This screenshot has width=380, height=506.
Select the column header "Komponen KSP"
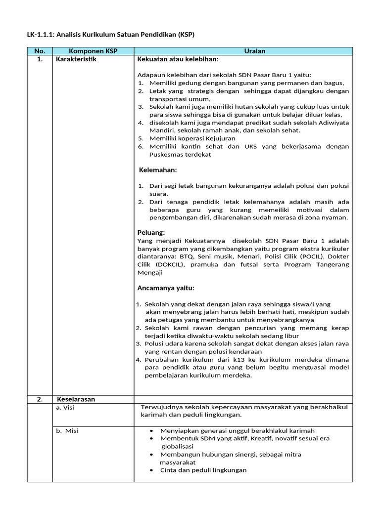tap(93, 51)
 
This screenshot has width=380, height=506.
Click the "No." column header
tap(40, 51)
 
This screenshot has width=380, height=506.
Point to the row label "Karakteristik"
tap(77, 59)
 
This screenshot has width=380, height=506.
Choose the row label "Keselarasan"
tap(76, 399)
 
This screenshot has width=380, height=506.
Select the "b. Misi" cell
tap(67, 430)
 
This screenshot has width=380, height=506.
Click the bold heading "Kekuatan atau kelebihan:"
tap(177, 59)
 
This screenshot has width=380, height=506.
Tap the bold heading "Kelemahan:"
tap(158, 170)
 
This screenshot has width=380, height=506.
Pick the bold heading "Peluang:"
tap(151, 232)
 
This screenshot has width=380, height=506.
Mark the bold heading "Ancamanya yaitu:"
tap(166, 288)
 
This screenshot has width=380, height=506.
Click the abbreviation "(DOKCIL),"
tap(168, 264)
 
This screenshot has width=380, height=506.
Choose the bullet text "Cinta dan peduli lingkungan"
tap(203, 470)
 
